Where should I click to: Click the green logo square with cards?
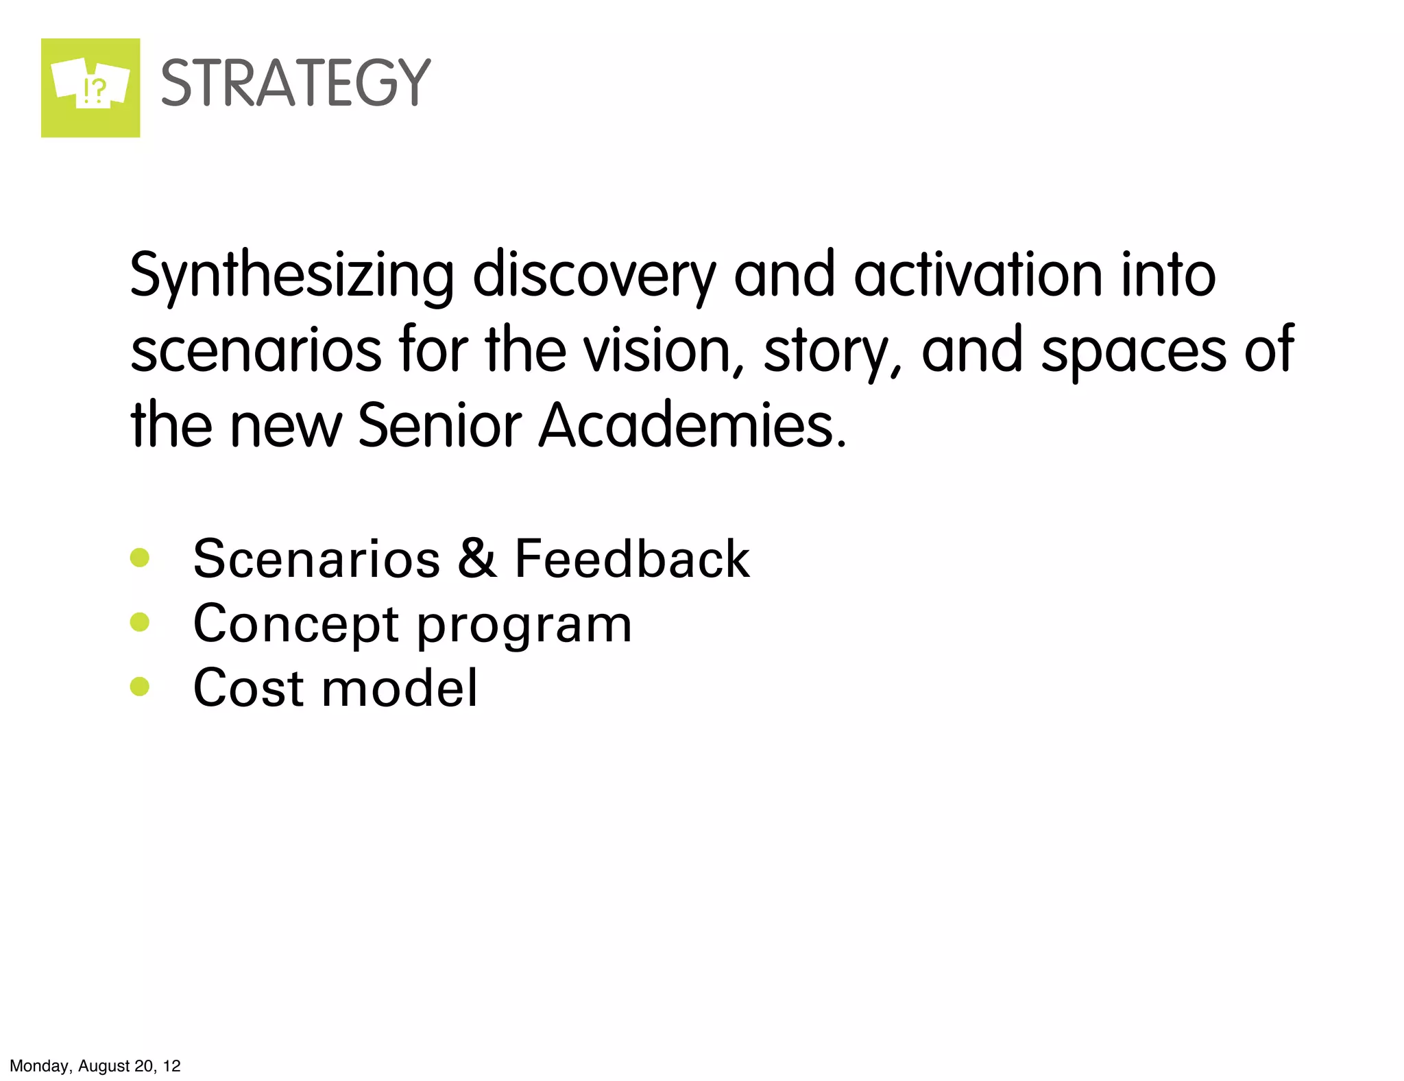coord(90,88)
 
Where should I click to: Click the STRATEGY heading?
coord(295,83)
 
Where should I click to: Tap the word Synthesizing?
coord(291,276)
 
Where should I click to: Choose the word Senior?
coord(439,425)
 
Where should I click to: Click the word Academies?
coord(692,425)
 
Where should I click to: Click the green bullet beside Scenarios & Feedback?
coord(140,557)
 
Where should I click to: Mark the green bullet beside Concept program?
coord(140,622)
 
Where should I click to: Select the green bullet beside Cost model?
coord(140,687)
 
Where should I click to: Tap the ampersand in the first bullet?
coord(477,558)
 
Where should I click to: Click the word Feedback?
coord(632,558)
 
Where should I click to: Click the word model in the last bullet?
coord(400,687)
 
